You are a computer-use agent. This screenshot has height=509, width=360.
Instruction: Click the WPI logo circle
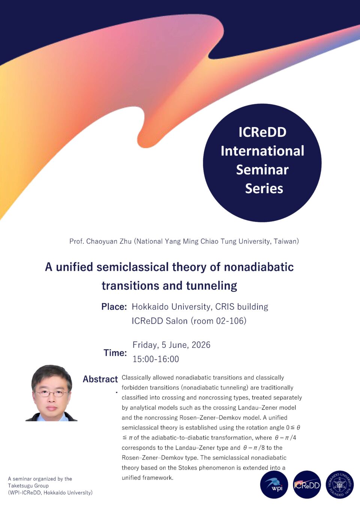point(274,485)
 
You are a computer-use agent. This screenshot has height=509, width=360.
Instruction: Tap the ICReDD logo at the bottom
point(307,485)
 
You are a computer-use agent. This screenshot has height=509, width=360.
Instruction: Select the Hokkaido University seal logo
point(339,485)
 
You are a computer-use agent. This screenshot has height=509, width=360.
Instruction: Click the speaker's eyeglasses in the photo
point(51,393)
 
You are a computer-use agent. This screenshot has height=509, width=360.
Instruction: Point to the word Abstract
point(100,379)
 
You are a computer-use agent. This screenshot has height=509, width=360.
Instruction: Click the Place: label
point(114,306)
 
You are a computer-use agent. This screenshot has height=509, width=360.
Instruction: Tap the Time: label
point(115,353)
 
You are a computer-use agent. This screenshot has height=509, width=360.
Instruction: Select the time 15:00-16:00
point(156,359)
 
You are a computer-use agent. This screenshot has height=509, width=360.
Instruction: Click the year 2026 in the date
point(201,345)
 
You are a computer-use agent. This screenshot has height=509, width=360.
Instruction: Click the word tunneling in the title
point(211,286)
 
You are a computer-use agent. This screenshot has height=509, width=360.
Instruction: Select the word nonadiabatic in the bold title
point(259,267)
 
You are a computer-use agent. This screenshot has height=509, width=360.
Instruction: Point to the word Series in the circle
point(264,188)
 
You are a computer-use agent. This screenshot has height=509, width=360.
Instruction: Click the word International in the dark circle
point(262,151)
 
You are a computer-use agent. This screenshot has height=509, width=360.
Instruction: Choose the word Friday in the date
point(145,345)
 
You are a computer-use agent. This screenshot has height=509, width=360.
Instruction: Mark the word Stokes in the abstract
point(187,468)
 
